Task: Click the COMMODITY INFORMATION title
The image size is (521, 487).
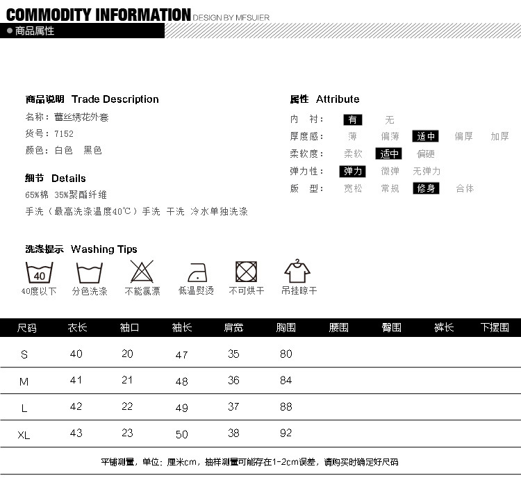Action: [x=98, y=15]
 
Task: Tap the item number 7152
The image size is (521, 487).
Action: [x=63, y=133]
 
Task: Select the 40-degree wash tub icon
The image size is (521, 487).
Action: [x=39, y=272]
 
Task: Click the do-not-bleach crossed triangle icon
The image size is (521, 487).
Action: [x=142, y=272]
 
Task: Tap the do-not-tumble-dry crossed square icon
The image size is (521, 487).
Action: [x=247, y=272]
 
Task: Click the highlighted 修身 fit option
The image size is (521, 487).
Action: [x=426, y=188]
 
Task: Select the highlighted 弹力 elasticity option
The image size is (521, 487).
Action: [x=352, y=171]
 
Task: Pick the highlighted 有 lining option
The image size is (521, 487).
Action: [x=353, y=119]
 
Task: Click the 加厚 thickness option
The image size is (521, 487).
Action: [x=499, y=137]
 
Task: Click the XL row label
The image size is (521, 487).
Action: [x=24, y=435]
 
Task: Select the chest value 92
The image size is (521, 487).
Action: [x=286, y=433]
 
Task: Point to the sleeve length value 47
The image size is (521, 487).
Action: [x=182, y=355]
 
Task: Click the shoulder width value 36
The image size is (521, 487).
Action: [x=233, y=381]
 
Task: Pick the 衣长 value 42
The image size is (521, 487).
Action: [x=76, y=407]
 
